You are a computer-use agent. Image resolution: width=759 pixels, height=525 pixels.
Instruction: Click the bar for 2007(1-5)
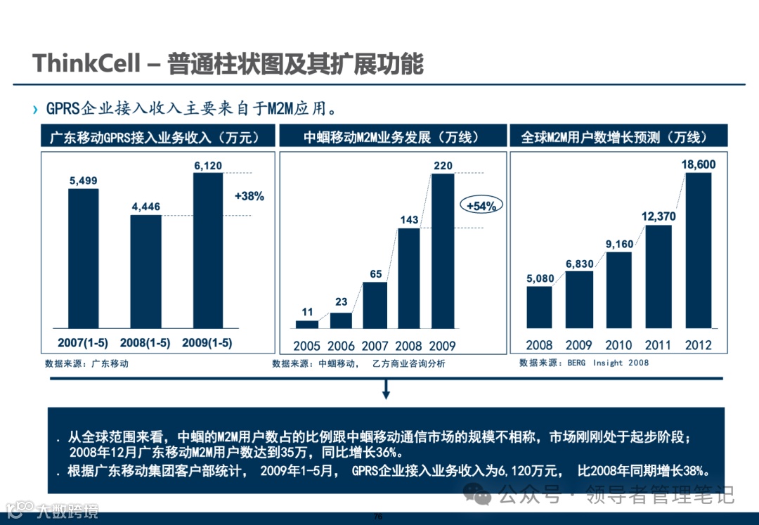(x=83, y=259)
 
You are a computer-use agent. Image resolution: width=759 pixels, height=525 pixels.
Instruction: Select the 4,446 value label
(x=145, y=207)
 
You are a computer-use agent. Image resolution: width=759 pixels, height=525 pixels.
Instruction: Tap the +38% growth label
(x=249, y=197)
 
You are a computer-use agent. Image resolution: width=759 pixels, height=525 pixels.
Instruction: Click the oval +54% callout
(x=481, y=206)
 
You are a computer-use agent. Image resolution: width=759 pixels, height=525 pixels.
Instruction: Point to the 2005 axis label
(x=306, y=346)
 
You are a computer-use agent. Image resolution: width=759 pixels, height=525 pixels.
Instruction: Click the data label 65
(x=375, y=274)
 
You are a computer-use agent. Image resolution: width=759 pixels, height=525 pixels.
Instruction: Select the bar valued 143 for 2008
(x=408, y=278)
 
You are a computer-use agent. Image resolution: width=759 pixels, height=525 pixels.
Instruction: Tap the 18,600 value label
(x=698, y=164)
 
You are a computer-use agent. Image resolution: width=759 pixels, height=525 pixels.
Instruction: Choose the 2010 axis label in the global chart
(x=618, y=345)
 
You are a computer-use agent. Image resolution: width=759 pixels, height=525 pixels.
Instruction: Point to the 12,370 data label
(x=658, y=216)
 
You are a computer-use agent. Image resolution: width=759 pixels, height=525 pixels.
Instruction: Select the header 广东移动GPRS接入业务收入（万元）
(x=155, y=137)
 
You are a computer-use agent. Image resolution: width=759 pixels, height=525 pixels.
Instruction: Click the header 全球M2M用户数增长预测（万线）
(x=614, y=137)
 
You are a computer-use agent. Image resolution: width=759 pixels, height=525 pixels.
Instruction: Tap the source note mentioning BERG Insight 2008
(x=584, y=363)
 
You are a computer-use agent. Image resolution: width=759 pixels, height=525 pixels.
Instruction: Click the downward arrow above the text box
(x=385, y=390)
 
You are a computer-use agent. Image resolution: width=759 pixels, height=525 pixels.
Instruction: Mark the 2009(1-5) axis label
(x=207, y=343)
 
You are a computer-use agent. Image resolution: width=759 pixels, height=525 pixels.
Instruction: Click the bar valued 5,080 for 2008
(x=539, y=308)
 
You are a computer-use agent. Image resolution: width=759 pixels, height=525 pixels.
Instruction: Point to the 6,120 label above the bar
(x=207, y=166)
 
